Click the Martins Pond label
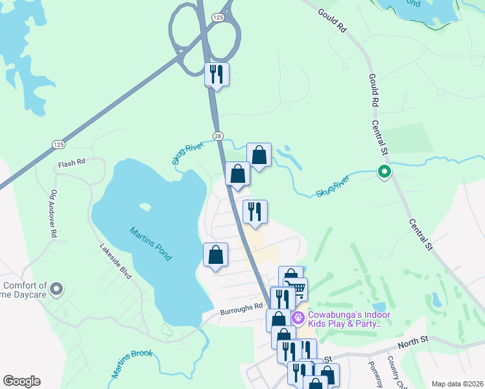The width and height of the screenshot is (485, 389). pos(150,244)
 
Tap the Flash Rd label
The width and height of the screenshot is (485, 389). pos(72,163)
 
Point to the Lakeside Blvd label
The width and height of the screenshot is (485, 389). pos(116,261)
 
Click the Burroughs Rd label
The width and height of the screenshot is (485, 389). pos(241,307)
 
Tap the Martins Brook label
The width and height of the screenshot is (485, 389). pos(132,363)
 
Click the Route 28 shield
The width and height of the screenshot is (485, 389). pos(219,135)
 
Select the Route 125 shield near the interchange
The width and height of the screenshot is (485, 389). pos(219,18)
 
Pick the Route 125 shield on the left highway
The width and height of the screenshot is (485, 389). pos(58,144)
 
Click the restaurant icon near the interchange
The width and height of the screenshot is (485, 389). pos(217,74)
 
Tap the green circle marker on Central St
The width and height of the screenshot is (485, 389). pos(384,172)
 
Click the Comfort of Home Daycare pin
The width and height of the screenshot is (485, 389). pos(56,289)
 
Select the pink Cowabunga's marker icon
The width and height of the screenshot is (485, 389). pos(298,318)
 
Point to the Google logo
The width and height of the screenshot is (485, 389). pos(21,381)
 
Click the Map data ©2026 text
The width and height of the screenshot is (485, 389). pos(456,384)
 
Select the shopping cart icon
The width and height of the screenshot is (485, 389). pos(296,289)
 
